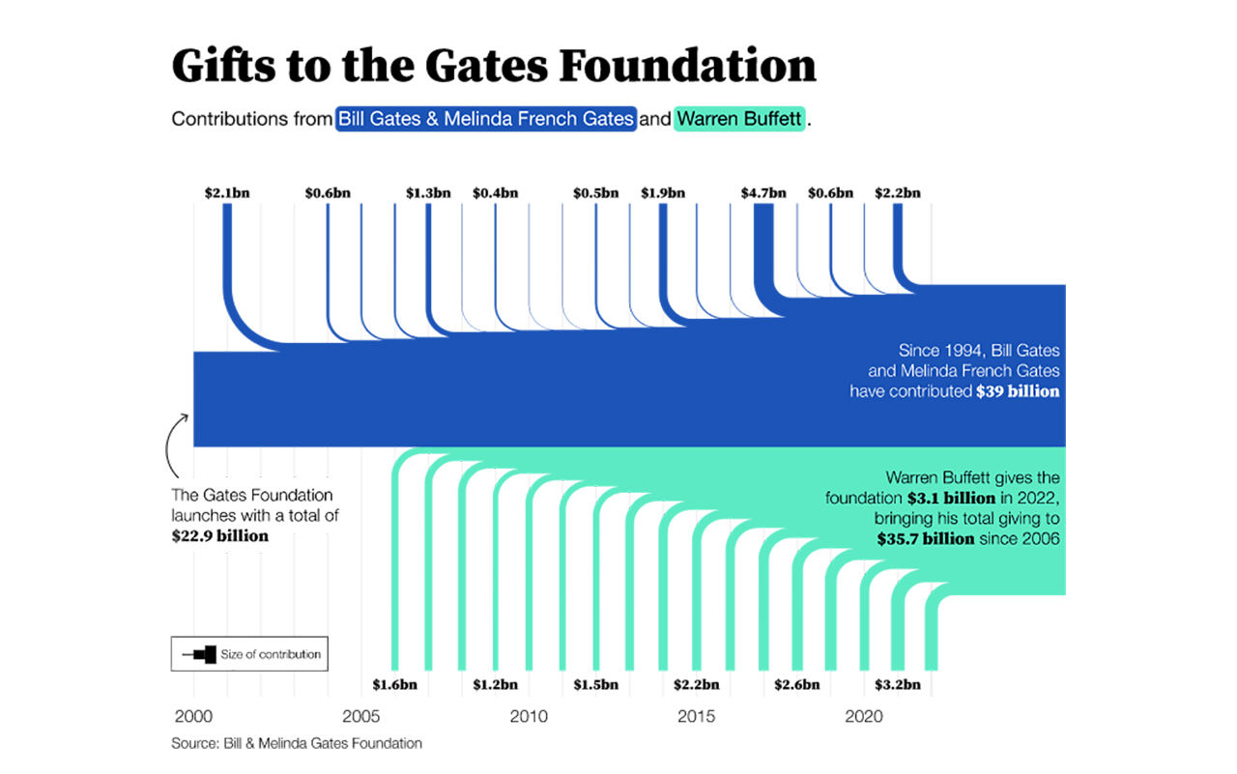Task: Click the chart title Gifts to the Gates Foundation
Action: [x=493, y=67]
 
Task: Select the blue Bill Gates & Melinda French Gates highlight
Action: [x=486, y=120]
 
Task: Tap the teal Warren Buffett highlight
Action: [x=739, y=120]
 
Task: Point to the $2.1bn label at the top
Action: [x=227, y=192]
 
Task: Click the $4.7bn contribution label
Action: [x=763, y=192]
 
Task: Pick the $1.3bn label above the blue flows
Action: [x=428, y=192]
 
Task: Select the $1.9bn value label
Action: [x=663, y=192]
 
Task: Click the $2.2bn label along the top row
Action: [x=898, y=192]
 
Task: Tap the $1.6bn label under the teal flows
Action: [x=394, y=685]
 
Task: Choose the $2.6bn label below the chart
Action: [x=797, y=685]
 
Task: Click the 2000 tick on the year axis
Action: [x=193, y=717]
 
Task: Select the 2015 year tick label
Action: [x=696, y=717]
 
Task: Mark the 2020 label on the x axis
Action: [x=864, y=717]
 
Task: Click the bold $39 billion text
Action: [x=1018, y=392]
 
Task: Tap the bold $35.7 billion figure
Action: [x=925, y=539]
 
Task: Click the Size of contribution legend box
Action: [x=249, y=654]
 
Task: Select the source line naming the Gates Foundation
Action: [x=297, y=743]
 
